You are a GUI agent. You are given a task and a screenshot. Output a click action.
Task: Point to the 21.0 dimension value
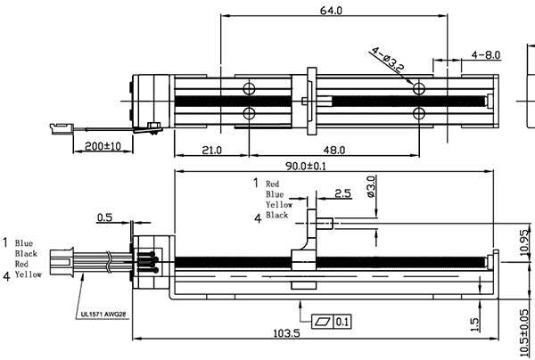point(212,151)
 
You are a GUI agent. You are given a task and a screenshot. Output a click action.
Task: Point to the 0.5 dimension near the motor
point(104,217)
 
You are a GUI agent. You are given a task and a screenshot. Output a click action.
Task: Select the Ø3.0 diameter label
point(371,188)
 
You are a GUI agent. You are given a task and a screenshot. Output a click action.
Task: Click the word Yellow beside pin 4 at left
point(28,275)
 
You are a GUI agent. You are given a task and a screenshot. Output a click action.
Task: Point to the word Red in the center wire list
point(273,184)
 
